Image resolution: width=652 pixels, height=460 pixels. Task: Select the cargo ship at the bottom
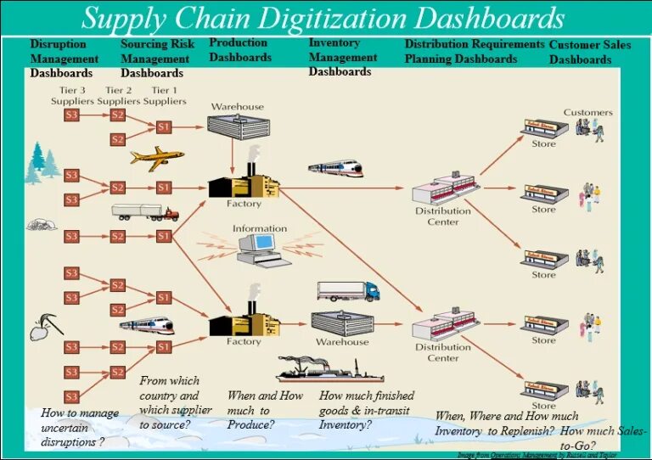pos(318,370)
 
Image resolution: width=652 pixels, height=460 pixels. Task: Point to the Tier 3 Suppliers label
pos(71,96)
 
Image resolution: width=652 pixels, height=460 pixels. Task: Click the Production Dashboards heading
pos(239,50)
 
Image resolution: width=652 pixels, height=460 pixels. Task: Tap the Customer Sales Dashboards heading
pos(590,52)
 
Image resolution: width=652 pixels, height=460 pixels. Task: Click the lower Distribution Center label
pos(442,352)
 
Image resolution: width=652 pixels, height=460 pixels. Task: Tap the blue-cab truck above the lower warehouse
pos(348,291)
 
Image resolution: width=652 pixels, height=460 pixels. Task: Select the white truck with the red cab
pos(144,212)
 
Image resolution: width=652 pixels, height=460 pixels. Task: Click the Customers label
pos(587,112)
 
